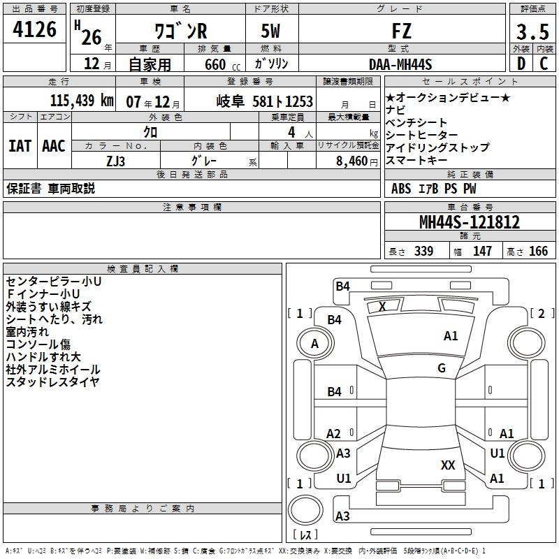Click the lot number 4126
pyautogui.click(x=34, y=30)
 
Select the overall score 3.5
pyautogui.click(x=532, y=31)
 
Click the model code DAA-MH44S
pyautogui.click(x=400, y=64)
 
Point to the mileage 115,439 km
pyautogui.click(x=82, y=101)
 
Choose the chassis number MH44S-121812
pyautogui.click(x=469, y=222)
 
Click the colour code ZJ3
pyautogui.click(x=116, y=160)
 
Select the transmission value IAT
pyautogui.click(x=20, y=146)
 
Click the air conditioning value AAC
pyautogui.click(x=53, y=146)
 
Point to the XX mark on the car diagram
pyautogui.click(x=448, y=465)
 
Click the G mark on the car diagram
pyautogui.click(x=442, y=368)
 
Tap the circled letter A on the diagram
pyautogui.click(x=314, y=344)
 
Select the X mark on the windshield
pyautogui.click(x=382, y=306)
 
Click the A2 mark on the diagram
pyautogui.click(x=334, y=434)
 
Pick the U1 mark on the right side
pyautogui.click(x=497, y=453)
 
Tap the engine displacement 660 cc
pyautogui.click(x=213, y=64)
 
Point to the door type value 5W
pyautogui.click(x=271, y=31)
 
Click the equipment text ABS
pyautogui.click(x=401, y=188)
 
